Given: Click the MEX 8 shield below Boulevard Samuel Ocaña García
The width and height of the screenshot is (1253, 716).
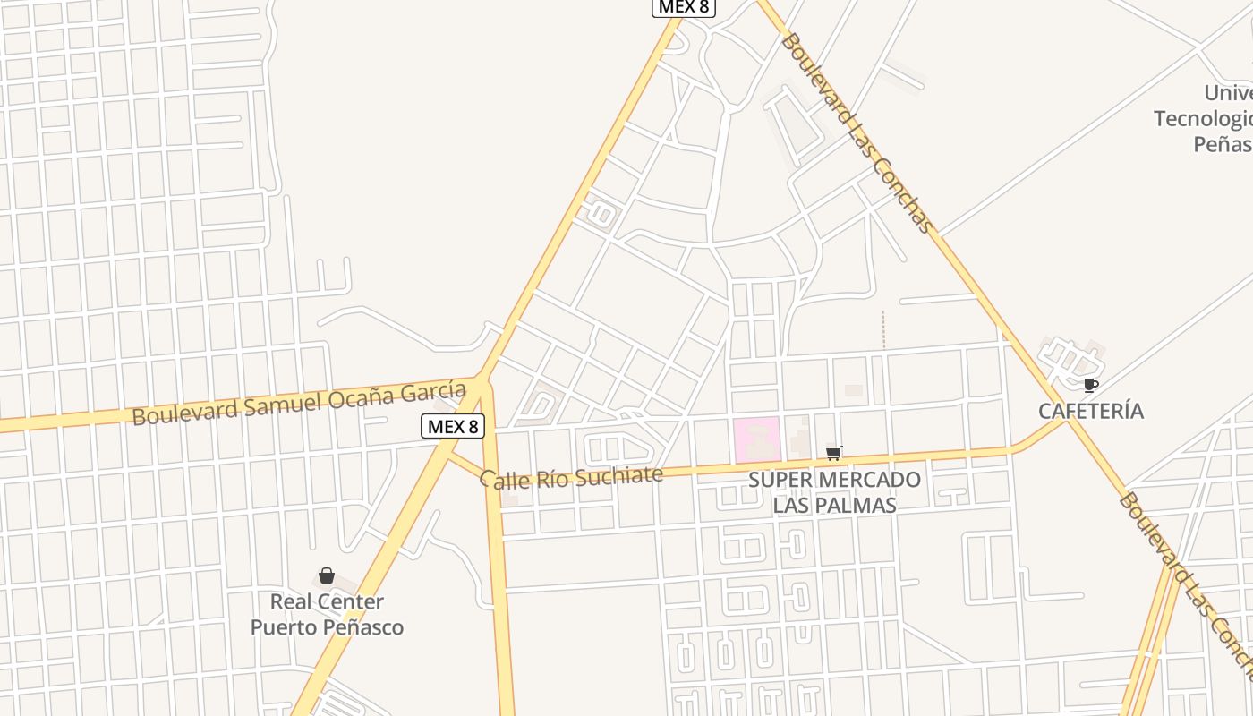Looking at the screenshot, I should pyautogui.click(x=453, y=426).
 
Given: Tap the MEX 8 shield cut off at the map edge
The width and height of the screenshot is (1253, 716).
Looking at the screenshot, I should pyautogui.click(x=683, y=7).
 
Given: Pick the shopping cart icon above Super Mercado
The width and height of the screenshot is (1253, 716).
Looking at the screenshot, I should pyautogui.click(x=834, y=453).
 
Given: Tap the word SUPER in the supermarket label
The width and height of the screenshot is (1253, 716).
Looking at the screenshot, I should pyautogui.click(x=778, y=480).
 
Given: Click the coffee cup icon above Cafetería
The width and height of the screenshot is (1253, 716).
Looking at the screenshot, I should pyautogui.click(x=1090, y=386).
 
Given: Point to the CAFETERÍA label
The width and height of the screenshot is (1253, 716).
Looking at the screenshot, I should pyautogui.click(x=1091, y=411).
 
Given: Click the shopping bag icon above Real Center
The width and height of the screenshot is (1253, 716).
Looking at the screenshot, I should pyautogui.click(x=327, y=575).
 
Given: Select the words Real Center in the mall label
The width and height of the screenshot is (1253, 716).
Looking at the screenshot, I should pyautogui.click(x=327, y=601).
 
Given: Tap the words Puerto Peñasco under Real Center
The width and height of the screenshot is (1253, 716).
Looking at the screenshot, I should pyautogui.click(x=327, y=627).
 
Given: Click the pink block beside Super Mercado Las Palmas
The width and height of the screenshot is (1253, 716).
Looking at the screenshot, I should pyautogui.click(x=757, y=440).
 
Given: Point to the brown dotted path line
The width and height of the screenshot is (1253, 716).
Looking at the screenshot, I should pyautogui.click(x=882, y=329).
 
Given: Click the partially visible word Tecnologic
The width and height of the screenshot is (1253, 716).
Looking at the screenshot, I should pyautogui.click(x=1202, y=118).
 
